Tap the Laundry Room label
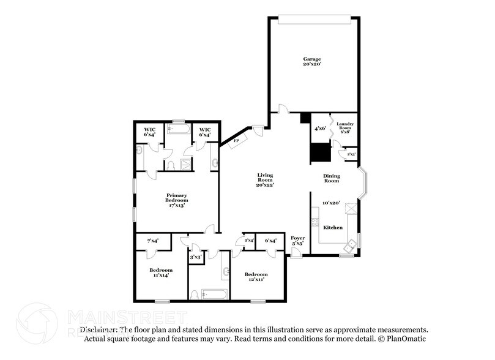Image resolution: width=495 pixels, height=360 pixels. [346, 127]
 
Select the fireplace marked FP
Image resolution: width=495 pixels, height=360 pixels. [236, 141]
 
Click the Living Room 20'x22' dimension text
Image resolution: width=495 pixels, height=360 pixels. [265, 184]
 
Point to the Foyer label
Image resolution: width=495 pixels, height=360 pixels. [297, 238]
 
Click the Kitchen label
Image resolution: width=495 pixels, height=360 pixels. [333, 227]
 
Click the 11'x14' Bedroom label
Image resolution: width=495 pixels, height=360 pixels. [161, 272]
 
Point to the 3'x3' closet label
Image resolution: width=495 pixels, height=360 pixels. [196, 257]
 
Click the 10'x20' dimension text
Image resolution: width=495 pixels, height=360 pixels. [331, 203]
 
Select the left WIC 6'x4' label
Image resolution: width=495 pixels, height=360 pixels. [150, 132]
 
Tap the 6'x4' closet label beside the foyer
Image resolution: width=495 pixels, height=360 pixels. [270, 241]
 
